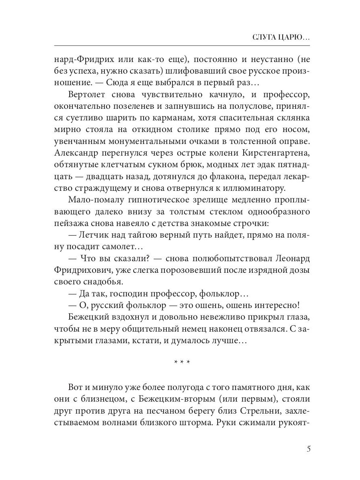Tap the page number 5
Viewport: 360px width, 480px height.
tap(308, 448)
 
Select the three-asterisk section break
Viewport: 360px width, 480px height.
tap(182, 362)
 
